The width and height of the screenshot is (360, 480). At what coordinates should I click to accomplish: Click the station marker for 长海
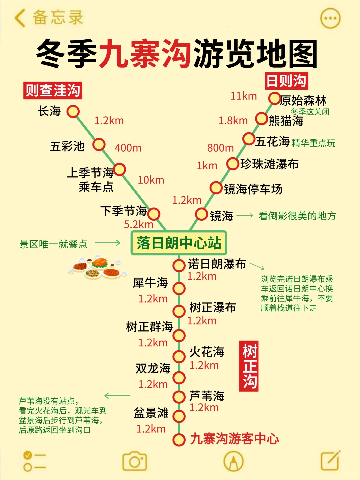[73, 111]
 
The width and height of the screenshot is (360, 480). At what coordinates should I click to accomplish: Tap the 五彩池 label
[67, 146]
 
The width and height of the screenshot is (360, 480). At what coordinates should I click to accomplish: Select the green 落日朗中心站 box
[179, 243]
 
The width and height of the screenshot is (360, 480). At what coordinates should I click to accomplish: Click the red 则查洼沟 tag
[53, 91]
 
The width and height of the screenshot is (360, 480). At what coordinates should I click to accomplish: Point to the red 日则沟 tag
[286, 81]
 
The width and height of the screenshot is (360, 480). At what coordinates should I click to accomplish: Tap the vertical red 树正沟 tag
[249, 366]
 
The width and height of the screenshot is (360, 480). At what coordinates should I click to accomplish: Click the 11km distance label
[244, 96]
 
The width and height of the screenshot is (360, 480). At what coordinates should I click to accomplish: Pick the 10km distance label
[151, 180]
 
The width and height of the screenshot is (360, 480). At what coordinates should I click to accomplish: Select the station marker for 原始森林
[274, 99]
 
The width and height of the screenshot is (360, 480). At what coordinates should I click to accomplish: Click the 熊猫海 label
[286, 121]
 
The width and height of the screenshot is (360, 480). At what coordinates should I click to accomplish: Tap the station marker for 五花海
[249, 139]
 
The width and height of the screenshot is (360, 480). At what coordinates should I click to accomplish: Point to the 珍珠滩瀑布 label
[269, 164]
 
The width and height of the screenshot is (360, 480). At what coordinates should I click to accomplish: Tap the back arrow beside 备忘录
[20, 18]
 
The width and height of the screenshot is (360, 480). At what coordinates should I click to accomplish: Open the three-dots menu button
[330, 18]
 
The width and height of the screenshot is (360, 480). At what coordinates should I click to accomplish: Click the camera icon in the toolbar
[135, 461]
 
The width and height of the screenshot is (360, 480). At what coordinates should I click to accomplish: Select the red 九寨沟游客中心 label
[234, 439]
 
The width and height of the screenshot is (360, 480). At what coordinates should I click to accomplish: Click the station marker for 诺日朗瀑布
[179, 266]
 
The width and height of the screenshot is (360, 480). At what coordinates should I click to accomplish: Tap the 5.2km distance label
[138, 224]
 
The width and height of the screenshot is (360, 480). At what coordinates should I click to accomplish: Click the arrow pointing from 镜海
[245, 216]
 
